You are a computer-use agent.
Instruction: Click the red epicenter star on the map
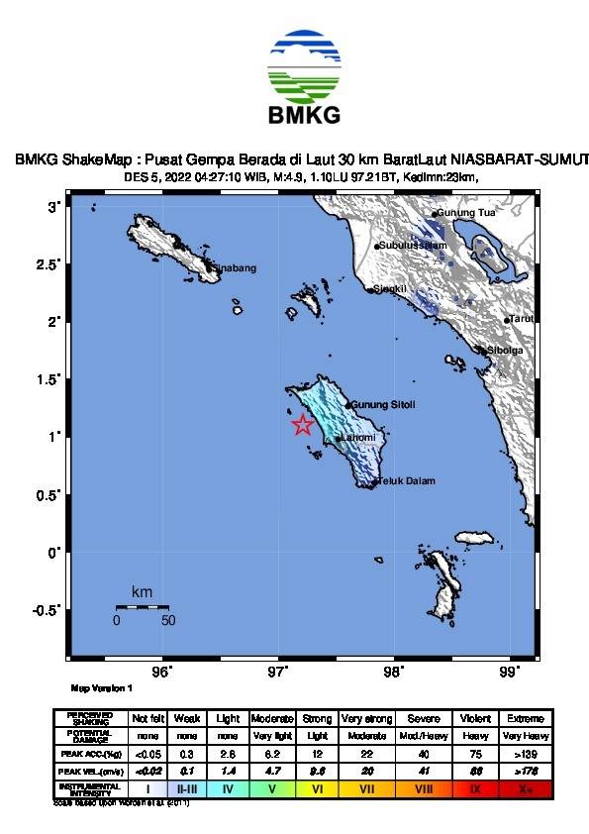[x=303, y=425]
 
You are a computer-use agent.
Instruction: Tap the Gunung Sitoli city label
[x=384, y=405]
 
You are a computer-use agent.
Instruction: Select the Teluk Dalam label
[x=406, y=482]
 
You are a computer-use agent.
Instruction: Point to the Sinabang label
[x=236, y=267]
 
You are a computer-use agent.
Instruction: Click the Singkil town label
[x=389, y=289]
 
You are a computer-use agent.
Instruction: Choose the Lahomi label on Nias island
[x=357, y=438]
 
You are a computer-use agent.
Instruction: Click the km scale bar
[x=142, y=606]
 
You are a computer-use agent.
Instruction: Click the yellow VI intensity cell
[x=319, y=789]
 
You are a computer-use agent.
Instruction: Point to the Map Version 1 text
[x=102, y=687]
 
